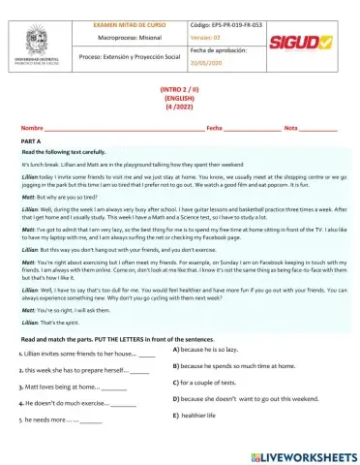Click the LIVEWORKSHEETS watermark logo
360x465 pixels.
(299, 453)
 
